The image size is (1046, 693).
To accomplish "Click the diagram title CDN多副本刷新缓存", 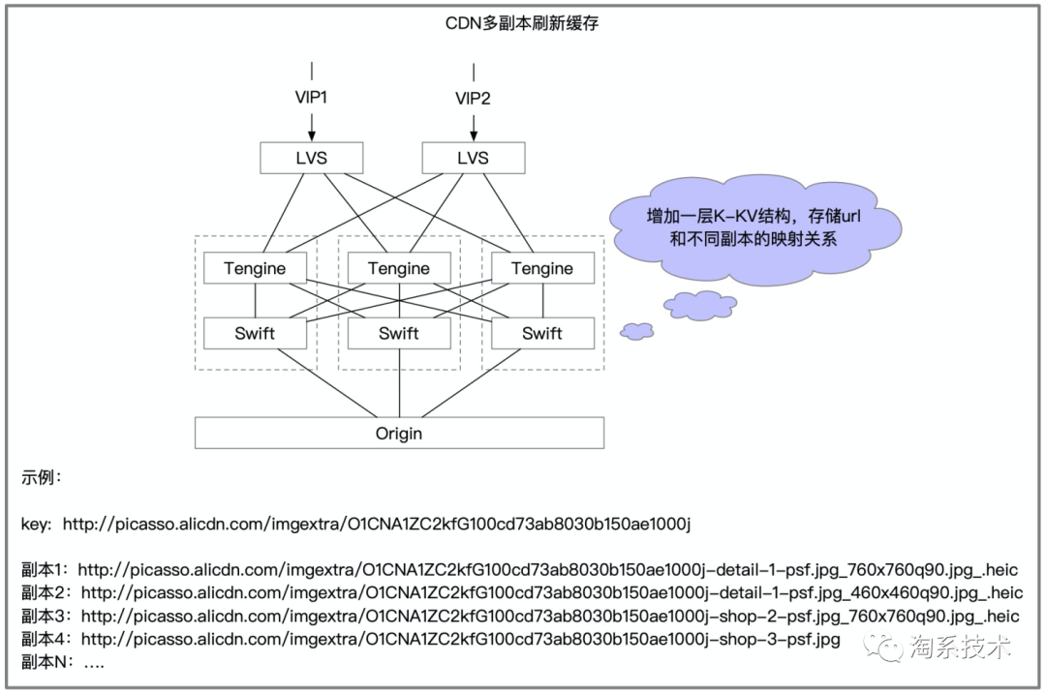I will click(x=522, y=22).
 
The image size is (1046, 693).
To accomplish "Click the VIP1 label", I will click(x=312, y=97).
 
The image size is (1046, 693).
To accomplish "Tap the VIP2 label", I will click(x=474, y=97).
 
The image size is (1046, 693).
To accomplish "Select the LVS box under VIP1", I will click(x=312, y=158).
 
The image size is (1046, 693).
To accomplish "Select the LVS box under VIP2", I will click(x=474, y=158).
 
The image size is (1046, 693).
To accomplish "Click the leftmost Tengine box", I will click(x=255, y=268).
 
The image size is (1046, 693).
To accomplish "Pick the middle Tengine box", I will click(x=399, y=268).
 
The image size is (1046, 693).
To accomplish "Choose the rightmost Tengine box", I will click(x=542, y=268).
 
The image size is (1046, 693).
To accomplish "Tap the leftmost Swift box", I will click(x=255, y=334).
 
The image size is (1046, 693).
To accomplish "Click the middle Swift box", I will click(x=399, y=334).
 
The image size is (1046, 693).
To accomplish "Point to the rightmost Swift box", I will click(x=542, y=334).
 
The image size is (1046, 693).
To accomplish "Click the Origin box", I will click(x=399, y=433).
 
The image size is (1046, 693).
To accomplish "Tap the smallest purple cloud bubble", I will click(x=636, y=331).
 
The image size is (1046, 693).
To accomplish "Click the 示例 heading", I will click(x=42, y=477).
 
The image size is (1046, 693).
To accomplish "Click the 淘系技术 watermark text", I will click(x=959, y=647).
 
